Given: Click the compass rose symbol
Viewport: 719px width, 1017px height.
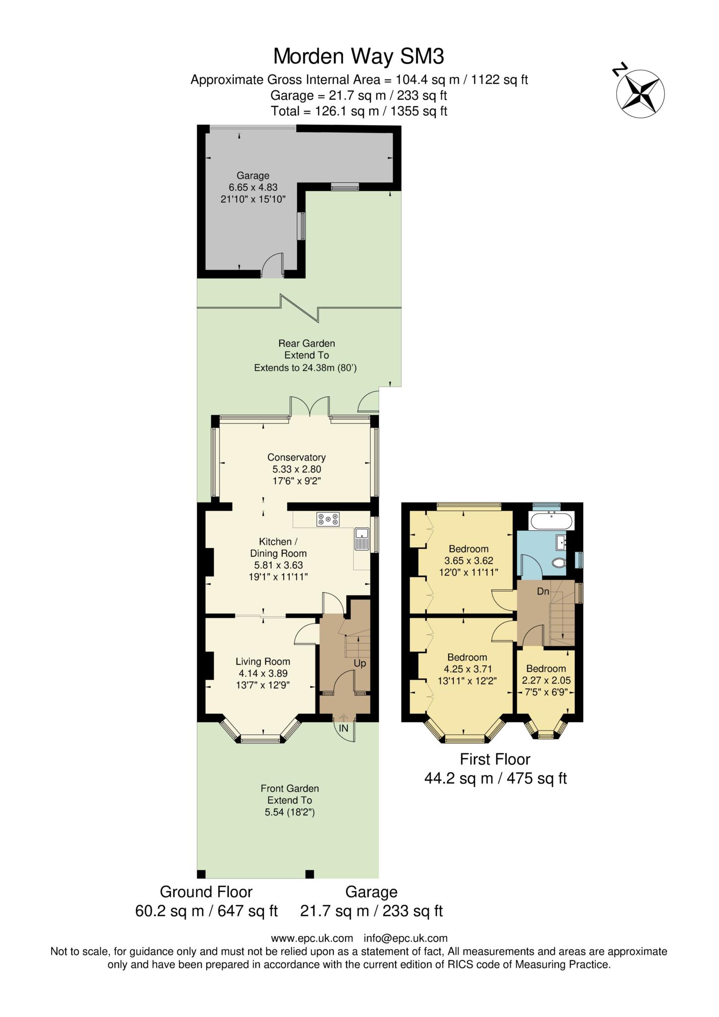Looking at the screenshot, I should pyautogui.click(x=640, y=93).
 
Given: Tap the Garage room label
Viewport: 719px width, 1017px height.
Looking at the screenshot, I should pyautogui.click(x=252, y=175).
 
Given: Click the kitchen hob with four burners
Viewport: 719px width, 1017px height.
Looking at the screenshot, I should pyautogui.click(x=328, y=519).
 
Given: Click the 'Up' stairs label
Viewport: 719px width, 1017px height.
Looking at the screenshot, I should pyautogui.click(x=359, y=663).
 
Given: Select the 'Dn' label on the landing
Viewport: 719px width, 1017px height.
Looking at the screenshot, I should pyautogui.click(x=543, y=591).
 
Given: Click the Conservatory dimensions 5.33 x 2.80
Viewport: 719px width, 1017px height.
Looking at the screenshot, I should pyautogui.click(x=296, y=469).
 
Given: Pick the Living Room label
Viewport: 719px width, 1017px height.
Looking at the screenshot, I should pyautogui.click(x=262, y=661).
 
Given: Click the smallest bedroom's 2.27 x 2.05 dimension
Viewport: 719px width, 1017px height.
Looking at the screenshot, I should pyautogui.click(x=546, y=680).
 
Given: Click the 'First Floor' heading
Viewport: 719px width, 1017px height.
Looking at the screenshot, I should pyautogui.click(x=495, y=759).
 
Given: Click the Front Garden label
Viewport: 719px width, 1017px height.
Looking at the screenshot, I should pyautogui.click(x=289, y=789).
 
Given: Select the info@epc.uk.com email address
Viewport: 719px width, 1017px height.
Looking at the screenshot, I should pyautogui.click(x=405, y=939).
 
